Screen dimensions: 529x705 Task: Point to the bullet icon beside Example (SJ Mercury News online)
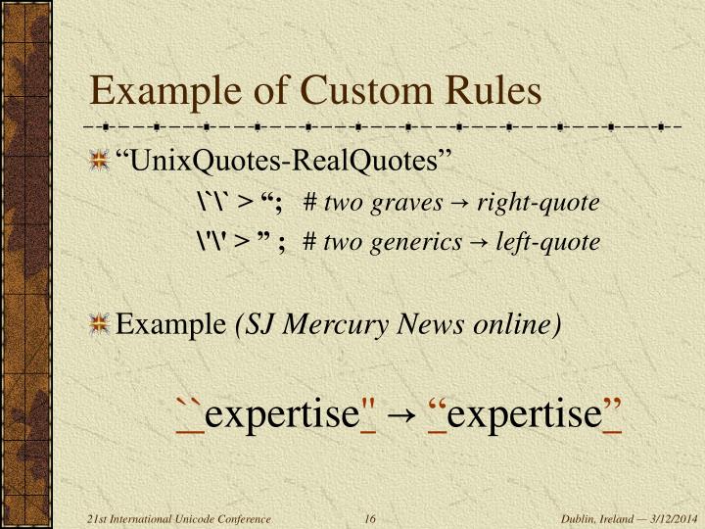coord(98,324)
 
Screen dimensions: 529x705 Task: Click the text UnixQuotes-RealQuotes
coord(284,160)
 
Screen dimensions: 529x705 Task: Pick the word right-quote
coord(545,203)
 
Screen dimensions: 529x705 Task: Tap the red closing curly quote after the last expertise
coord(611,408)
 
